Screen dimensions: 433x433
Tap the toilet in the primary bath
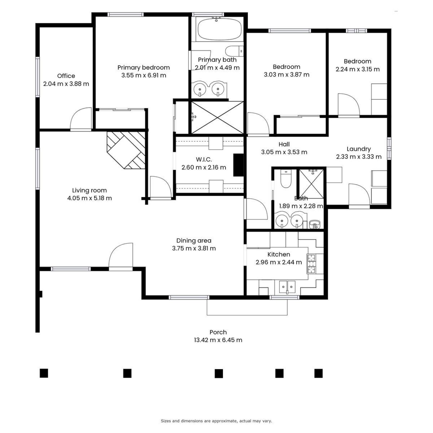pos(234,51)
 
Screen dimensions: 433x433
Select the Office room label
pos(66,76)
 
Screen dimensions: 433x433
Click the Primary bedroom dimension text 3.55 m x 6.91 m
pos(144,75)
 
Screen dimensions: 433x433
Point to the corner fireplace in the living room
pos(126,150)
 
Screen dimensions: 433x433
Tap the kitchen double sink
pos(287,287)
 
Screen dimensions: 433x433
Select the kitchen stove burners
pos(311,263)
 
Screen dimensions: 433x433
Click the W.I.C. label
pos(204,159)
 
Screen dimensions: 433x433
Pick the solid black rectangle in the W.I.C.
pos(238,165)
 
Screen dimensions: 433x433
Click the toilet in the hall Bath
pos(286,179)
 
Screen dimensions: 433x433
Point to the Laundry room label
pos(359,149)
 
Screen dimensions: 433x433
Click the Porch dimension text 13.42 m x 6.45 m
pos(218,340)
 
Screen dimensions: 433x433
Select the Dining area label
pos(194,241)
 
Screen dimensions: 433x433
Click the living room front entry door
pos(121,256)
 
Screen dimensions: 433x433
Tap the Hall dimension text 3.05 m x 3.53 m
pos(284,152)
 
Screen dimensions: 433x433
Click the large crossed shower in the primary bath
pos(217,117)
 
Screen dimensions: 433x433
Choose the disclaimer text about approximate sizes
pos(216,421)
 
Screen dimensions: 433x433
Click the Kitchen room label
pos(279,254)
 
